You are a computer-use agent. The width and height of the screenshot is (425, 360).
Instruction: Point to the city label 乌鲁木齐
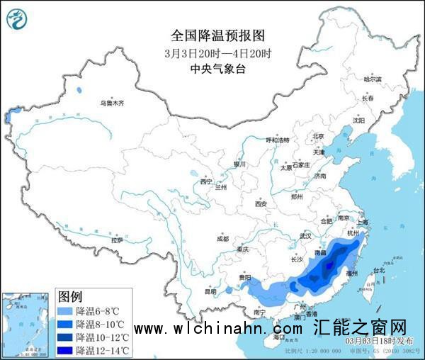(111, 103)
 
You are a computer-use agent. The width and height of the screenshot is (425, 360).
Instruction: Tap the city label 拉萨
(117, 240)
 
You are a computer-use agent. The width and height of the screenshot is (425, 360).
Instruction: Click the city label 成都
(223, 238)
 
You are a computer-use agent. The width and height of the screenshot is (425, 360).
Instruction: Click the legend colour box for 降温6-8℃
(66, 310)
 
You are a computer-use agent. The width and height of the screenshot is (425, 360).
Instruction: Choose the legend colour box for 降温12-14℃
(66, 350)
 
